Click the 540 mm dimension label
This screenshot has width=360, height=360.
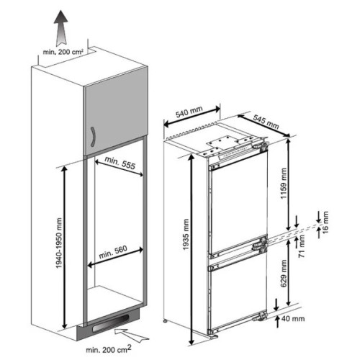[189, 112]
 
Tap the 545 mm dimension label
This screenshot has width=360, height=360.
[266, 122]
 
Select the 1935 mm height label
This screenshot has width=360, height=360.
[186, 235]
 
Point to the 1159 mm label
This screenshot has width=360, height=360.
[284, 184]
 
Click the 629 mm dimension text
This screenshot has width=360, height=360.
[284, 274]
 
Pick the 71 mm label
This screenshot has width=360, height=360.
[302, 246]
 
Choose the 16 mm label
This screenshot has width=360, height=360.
[325, 222]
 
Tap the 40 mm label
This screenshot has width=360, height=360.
[293, 319]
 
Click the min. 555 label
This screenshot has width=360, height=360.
[120, 163]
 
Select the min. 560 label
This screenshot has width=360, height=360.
[113, 252]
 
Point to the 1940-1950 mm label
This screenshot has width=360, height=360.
[59, 243]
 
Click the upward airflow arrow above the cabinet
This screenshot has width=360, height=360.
[60, 28]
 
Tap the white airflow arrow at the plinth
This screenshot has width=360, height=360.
[132, 335]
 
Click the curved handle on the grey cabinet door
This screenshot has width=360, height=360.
[93, 137]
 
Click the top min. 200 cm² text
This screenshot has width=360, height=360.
[63, 52]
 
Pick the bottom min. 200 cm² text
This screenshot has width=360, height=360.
[109, 349]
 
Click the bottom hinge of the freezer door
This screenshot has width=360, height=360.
[260, 317]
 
